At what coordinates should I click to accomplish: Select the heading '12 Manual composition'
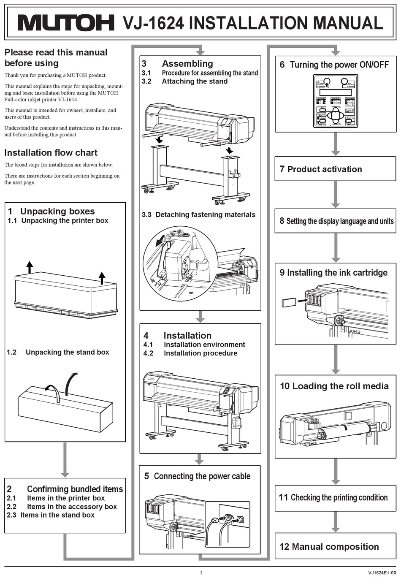tap(329, 547)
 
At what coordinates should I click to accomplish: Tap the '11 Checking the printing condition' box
tap(335, 498)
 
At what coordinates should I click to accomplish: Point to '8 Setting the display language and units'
tap(336, 221)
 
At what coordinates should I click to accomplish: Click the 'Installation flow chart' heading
tap(51, 153)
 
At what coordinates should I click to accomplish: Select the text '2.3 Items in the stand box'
tap(51, 515)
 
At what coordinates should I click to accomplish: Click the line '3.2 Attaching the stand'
tap(185, 81)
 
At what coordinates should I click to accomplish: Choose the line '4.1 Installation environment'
tap(194, 345)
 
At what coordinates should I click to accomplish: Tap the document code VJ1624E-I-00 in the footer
tap(382, 573)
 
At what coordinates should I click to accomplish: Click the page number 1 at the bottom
tap(201, 573)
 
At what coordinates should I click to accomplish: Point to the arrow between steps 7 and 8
tap(336, 194)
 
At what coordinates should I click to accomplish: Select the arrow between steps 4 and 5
tap(200, 459)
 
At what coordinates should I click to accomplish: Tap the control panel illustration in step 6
tap(336, 101)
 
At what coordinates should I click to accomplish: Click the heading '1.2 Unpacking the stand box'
tap(58, 352)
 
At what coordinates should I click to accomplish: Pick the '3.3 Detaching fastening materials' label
tap(198, 214)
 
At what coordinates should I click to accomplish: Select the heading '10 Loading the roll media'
tap(334, 386)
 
